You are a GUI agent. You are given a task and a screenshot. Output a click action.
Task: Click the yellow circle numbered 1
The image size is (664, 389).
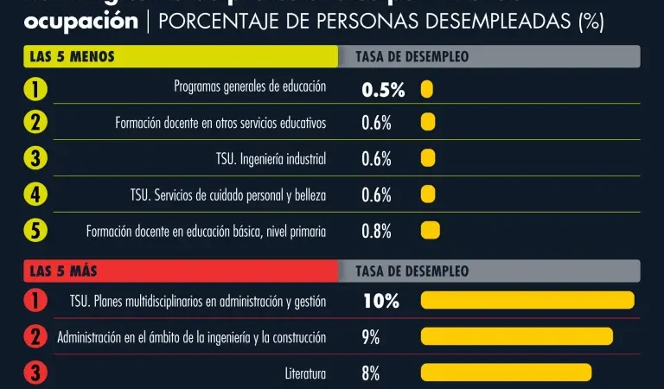[x=35, y=88]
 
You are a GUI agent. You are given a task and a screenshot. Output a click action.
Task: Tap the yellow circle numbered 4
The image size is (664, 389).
[x=35, y=194]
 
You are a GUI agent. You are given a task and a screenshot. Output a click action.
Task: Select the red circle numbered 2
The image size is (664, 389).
[x=35, y=336]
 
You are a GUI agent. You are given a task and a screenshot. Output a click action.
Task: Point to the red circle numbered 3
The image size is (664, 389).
[x=35, y=373]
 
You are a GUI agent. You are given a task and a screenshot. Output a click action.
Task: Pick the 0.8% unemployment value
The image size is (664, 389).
[x=377, y=231]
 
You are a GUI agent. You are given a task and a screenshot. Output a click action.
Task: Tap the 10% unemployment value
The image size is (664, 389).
[x=380, y=301]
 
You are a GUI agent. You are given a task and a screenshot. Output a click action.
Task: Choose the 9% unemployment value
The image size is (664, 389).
[x=371, y=337]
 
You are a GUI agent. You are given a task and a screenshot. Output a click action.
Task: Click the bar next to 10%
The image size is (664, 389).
[x=527, y=300]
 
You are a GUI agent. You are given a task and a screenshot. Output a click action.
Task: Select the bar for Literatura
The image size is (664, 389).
[x=506, y=373]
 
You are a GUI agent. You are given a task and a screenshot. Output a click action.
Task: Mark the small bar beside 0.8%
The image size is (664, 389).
[x=430, y=231]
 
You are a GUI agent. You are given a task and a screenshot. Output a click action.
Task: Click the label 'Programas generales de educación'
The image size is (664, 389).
[x=250, y=86]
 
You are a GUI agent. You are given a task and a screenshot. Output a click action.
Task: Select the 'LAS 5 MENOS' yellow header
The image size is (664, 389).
[x=180, y=57]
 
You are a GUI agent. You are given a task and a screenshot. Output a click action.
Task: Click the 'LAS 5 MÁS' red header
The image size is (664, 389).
[x=180, y=271]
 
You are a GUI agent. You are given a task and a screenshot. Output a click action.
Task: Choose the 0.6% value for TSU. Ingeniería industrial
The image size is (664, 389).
[x=377, y=159]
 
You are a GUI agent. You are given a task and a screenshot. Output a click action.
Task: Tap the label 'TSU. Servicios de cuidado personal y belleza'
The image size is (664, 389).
[x=228, y=195]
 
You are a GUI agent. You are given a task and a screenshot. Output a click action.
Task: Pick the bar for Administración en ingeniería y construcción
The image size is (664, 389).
[x=516, y=336]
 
